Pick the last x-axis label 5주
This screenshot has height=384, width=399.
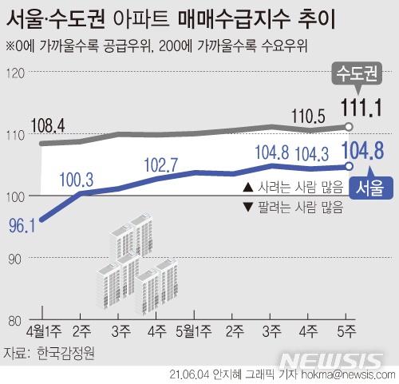(x=349, y=331)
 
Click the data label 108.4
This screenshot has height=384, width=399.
(x=48, y=125)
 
